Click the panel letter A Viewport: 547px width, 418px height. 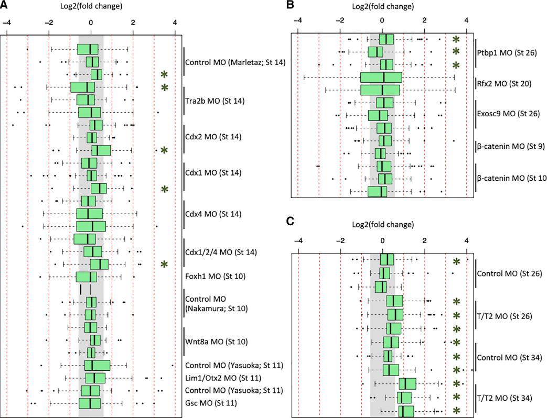coord(5,5)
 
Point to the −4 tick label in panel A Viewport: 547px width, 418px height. coord(6,23)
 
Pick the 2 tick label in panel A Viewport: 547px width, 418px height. coord(133,23)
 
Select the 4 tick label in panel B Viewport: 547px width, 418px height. coord(467,23)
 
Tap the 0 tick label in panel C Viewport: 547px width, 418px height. coord(382,241)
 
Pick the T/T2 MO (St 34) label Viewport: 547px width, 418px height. coord(506,398)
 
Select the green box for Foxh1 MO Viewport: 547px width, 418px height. coord(87,276)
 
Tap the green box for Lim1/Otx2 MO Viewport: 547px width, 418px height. coord(95,378)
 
